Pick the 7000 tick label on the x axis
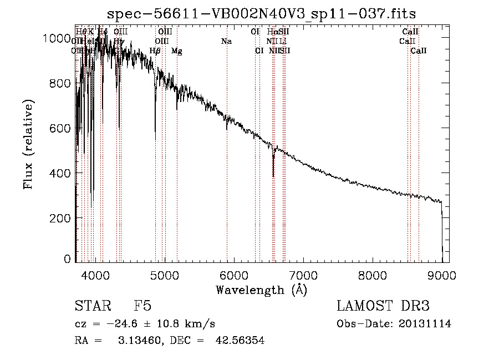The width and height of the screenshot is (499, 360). coord(303,275)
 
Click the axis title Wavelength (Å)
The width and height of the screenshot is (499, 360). coord(261,290)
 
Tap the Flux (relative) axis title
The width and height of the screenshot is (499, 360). coord(29,144)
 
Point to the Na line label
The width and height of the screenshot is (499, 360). coord(226,42)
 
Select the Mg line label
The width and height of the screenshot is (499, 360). coord(176,51)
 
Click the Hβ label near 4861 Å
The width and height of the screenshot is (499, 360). coord(155,51)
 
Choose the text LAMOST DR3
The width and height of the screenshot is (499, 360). coord(383,307)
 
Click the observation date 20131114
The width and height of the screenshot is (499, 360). coord(425,324)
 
